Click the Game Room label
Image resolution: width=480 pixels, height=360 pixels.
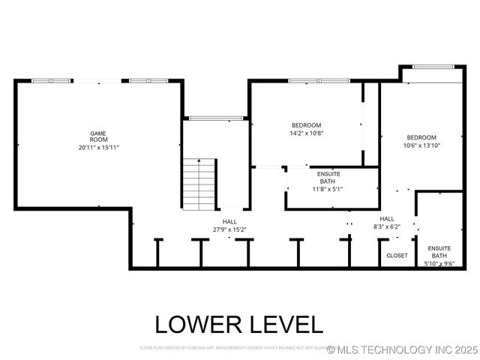(99, 136)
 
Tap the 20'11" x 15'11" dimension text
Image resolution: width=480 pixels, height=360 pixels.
(99, 148)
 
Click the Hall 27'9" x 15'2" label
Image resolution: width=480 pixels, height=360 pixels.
(229, 226)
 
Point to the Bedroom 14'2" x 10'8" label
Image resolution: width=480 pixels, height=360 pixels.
(307, 129)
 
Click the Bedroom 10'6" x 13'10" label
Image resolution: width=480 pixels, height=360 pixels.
(421, 141)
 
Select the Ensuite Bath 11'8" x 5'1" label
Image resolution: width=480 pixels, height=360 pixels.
(328, 181)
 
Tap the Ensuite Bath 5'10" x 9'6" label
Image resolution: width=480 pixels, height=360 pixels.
(439, 256)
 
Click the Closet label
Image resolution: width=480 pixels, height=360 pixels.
(397, 256)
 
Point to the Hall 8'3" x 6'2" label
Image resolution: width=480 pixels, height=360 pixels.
(387, 223)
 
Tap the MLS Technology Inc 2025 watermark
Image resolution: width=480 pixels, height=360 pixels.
(403, 349)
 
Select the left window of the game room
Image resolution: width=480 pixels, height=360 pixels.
(52, 80)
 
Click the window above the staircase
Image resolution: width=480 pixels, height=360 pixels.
(215, 118)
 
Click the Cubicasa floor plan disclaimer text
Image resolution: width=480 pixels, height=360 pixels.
(232, 348)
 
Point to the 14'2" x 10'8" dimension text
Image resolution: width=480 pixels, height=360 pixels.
(307, 133)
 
